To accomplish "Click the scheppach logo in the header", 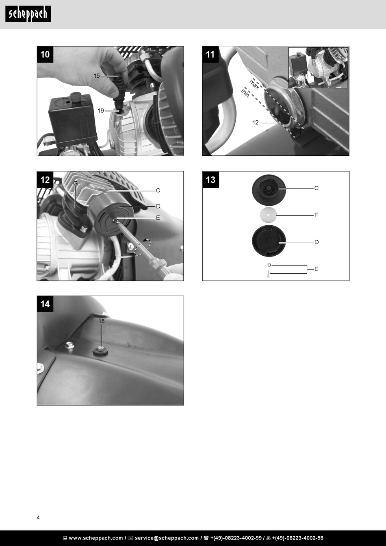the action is tap(28, 14).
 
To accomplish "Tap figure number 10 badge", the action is tap(45, 54).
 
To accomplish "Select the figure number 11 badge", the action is tap(210, 54).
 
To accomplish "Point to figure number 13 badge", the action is tap(210, 180).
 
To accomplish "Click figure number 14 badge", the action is tap(45, 304).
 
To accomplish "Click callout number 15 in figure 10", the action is tap(97, 76).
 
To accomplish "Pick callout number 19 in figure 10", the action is tap(101, 111).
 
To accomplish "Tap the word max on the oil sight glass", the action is tap(254, 84).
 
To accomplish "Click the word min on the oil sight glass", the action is tap(245, 93).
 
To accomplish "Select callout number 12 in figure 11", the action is tap(255, 123).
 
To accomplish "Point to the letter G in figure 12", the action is tap(76, 183).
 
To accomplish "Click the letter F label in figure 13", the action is tap(316, 215).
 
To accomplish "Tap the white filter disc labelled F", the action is tap(268, 215).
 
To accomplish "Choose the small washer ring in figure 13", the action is tap(269, 265).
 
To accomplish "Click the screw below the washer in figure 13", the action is tap(269, 274).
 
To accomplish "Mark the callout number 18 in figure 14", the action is tap(101, 321).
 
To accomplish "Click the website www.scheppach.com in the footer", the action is tap(96, 538).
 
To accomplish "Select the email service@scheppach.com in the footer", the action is tap(167, 538).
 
